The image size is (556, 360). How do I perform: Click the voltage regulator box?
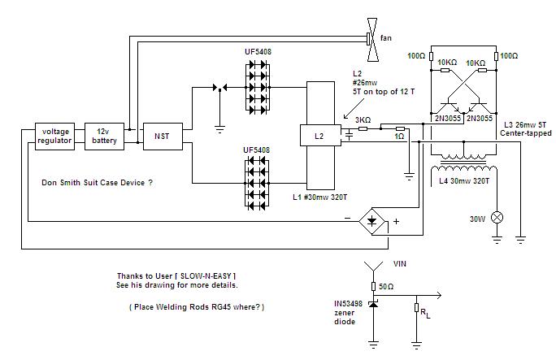tap(55, 137)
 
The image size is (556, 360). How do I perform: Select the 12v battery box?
tap(104, 137)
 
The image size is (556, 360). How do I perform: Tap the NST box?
tap(163, 137)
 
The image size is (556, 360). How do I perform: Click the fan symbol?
tap(372, 40)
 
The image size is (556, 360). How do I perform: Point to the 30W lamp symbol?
tap(497, 218)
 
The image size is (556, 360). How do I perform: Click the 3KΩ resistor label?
tap(363, 120)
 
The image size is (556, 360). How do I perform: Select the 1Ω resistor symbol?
tap(400, 128)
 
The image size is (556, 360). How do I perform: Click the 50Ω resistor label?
tap(386, 286)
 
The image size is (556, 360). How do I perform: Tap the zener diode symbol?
tap(373, 304)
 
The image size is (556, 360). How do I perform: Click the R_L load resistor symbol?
tap(417, 307)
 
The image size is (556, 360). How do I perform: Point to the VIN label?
tap(400, 263)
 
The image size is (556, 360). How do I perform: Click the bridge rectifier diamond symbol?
tap(371, 222)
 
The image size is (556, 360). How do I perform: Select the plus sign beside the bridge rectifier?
tap(396, 222)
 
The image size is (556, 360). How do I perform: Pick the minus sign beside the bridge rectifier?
tap(348, 218)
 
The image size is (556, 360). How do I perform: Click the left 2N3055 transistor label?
tap(448, 118)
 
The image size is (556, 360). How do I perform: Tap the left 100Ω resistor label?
tap(416, 55)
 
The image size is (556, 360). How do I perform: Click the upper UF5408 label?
tap(258, 52)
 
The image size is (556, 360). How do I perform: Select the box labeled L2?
tap(320, 135)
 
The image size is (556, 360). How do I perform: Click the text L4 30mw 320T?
tap(464, 180)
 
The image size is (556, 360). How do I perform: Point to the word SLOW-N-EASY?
tap(206, 275)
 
